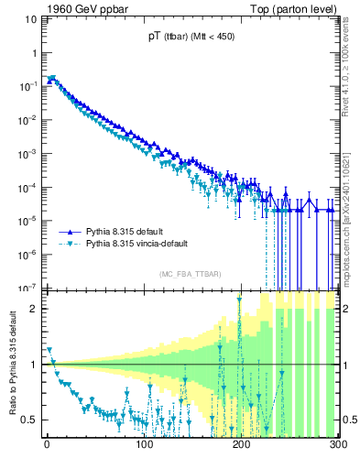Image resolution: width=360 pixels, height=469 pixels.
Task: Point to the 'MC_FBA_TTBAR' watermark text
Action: pyautogui.click(x=191, y=275)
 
